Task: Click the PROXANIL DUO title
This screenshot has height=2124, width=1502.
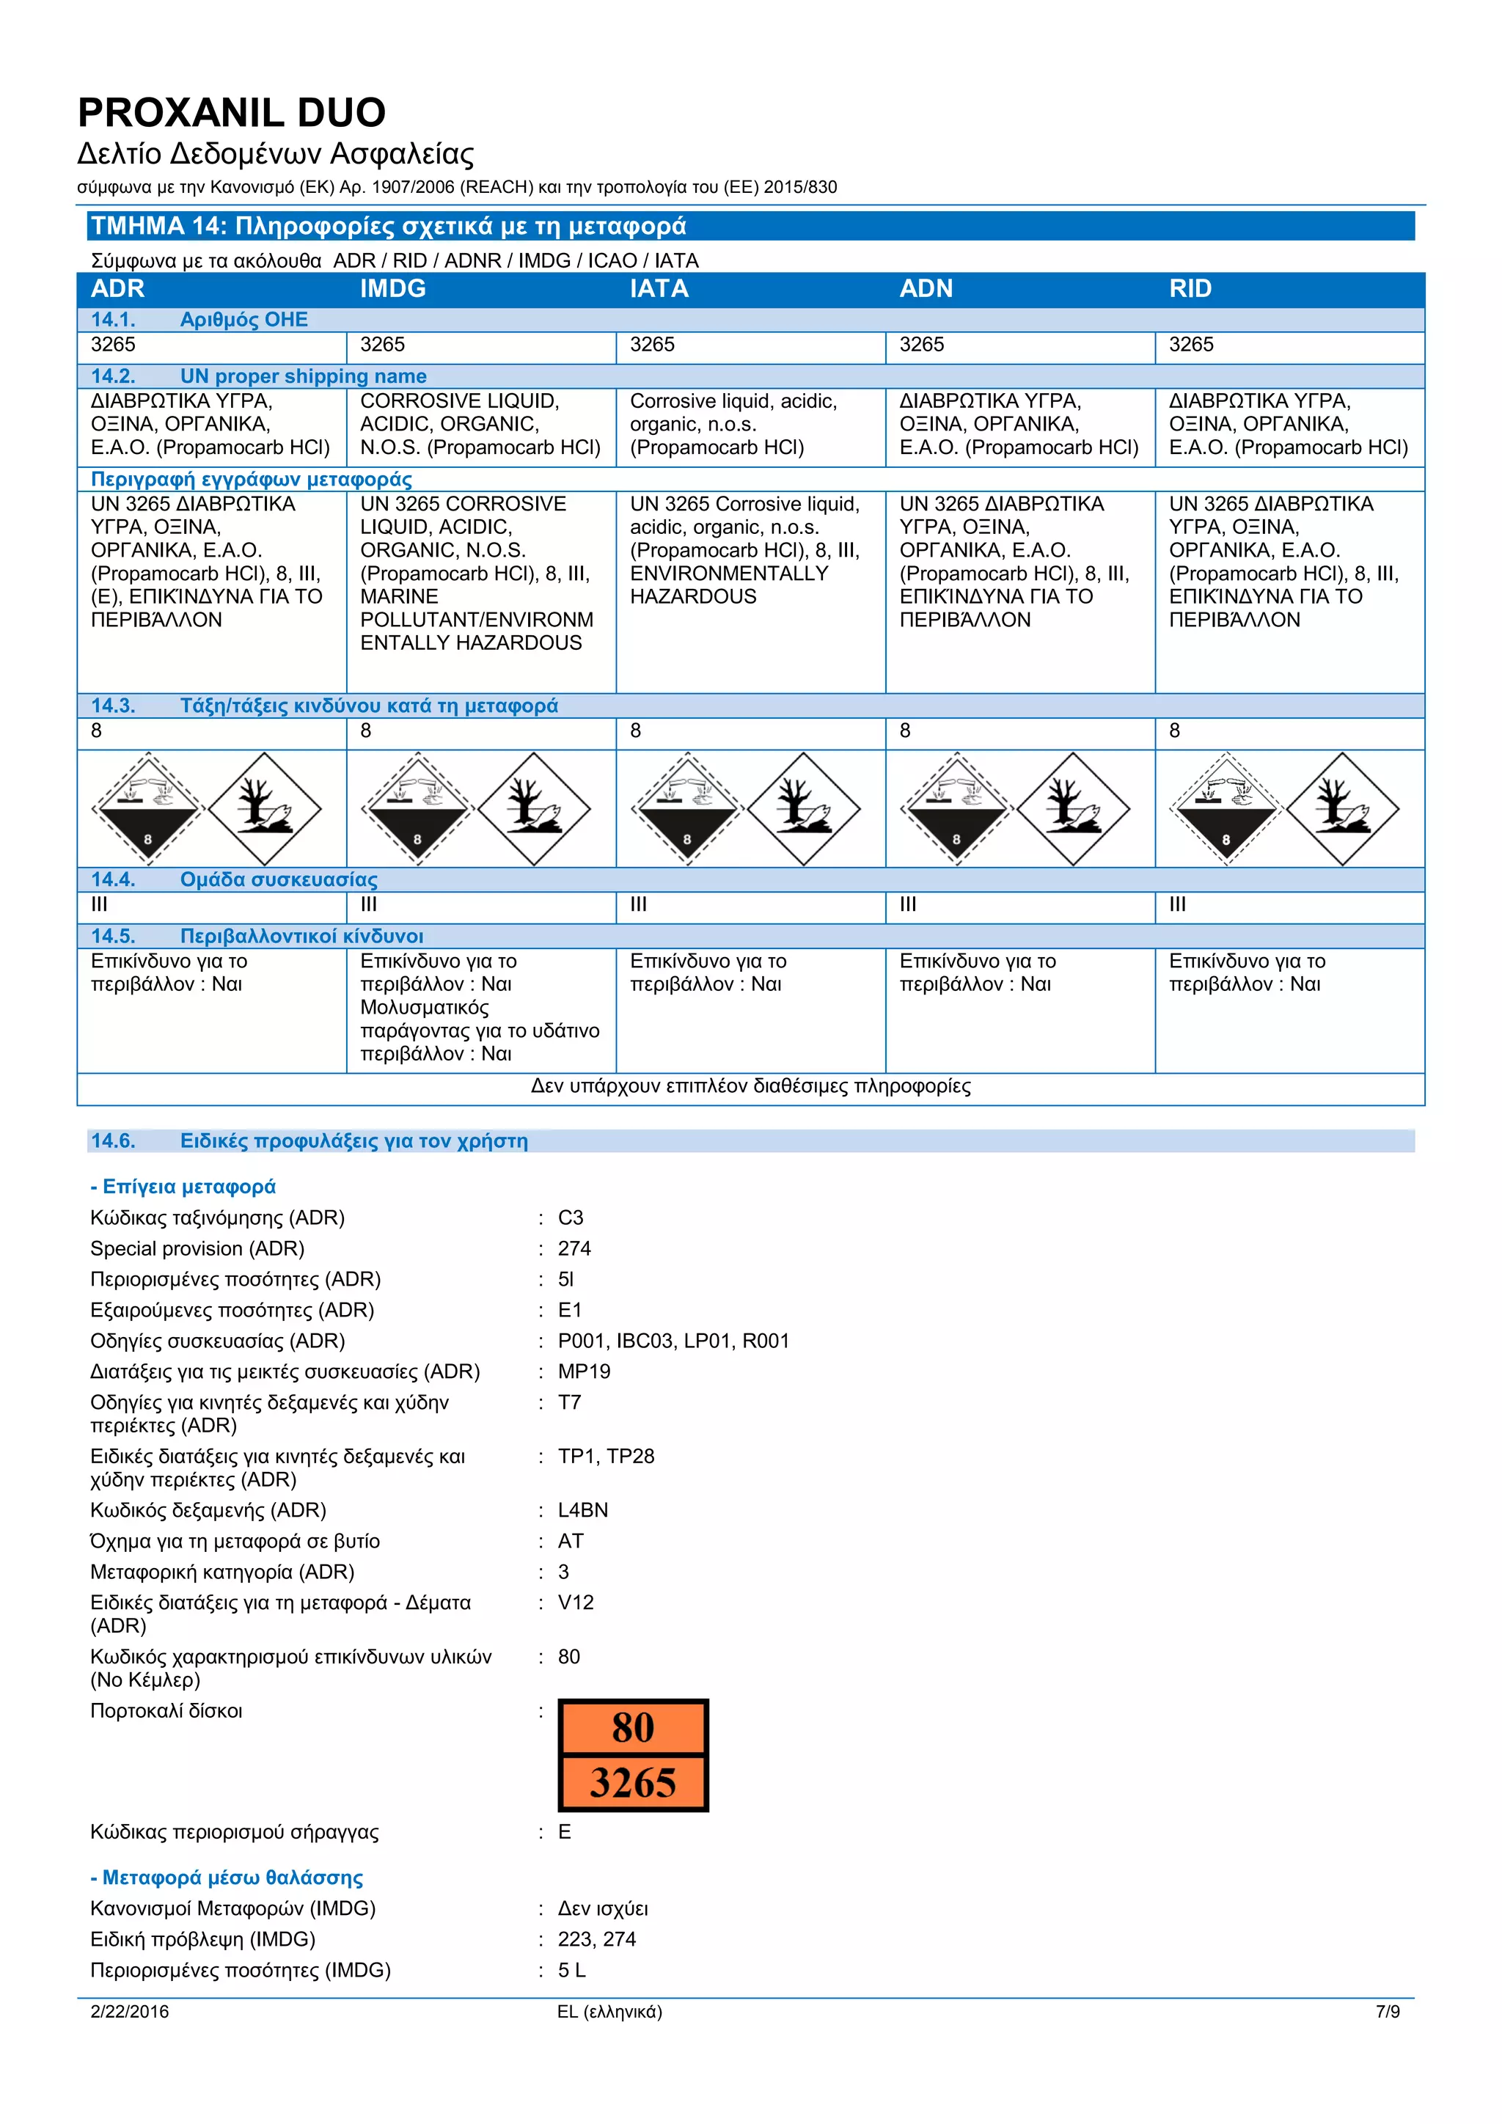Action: coord(231,113)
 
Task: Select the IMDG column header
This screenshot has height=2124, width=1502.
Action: coord(392,289)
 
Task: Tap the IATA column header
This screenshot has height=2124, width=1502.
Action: coord(659,289)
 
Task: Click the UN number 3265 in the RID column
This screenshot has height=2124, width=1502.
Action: coord(1190,345)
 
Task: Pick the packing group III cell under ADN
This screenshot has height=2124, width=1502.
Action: coord(907,905)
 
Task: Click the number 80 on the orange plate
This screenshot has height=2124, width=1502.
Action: coord(633,1728)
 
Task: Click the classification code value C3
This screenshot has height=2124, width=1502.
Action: coord(571,1218)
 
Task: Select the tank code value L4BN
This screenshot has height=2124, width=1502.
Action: coord(582,1511)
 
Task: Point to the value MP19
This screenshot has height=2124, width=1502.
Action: coord(584,1372)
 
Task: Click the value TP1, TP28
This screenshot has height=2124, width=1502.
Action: coord(606,1457)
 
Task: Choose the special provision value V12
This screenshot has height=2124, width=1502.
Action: coord(575,1603)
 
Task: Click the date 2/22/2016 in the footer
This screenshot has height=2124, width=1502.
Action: coord(130,2012)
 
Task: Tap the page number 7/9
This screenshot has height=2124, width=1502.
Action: coord(1388,2012)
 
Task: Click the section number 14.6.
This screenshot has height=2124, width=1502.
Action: coord(113,1141)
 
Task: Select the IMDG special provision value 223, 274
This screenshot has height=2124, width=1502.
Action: coord(596,1940)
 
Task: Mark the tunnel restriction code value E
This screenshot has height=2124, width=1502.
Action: coord(564,1833)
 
